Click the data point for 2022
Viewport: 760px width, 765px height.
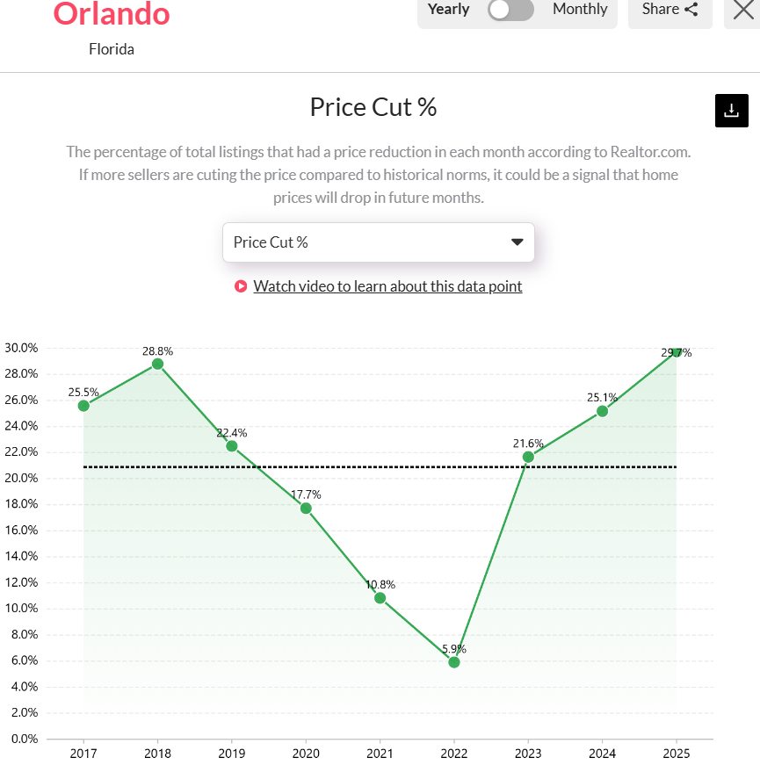(x=453, y=661)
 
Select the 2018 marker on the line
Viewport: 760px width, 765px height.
(x=157, y=364)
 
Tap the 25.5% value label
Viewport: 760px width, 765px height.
(x=83, y=390)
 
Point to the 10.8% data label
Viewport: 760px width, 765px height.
(x=380, y=583)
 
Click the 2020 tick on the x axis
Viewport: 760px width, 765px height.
(x=306, y=754)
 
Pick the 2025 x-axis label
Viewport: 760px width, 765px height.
(x=676, y=754)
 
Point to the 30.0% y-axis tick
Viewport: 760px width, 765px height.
(x=21, y=348)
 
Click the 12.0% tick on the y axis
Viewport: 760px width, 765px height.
(x=21, y=582)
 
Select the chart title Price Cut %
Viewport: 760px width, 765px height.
(x=373, y=107)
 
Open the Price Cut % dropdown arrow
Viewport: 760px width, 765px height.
(x=517, y=242)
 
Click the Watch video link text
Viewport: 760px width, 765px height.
(x=387, y=286)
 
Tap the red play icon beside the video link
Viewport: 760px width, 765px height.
(x=241, y=286)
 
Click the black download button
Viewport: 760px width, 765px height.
(x=731, y=111)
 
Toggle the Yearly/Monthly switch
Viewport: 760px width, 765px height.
(x=511, y=10)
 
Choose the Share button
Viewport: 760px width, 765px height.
(x=670, y=10)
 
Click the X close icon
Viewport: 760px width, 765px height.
(x=743, y=10)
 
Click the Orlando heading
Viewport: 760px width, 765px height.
(x=112, y=13)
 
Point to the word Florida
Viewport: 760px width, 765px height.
(x=112, y=49)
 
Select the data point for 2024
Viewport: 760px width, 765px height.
(x=602, y=411)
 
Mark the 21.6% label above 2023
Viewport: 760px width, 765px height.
(x=528, y=444)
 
